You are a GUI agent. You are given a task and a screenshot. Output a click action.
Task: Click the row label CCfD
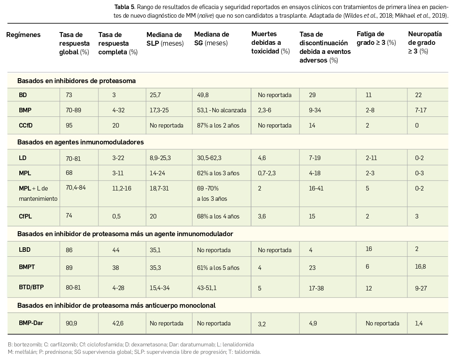click(x=26, y=125)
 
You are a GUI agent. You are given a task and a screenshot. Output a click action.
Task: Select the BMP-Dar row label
click(x=31, y=323)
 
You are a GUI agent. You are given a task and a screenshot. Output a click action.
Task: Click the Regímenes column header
click(x=23, y=35)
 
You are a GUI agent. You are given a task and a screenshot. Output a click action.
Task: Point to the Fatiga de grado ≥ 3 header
click(x=376, y=38)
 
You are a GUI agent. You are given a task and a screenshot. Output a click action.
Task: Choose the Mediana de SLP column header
click(x=165, y=39)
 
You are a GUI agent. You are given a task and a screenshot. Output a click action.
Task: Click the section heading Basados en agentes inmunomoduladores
click(x=80, y=142)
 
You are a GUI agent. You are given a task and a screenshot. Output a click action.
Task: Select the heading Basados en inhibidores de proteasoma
click(x=76, y=81)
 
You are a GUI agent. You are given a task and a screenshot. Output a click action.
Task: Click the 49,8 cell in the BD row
click(x=203, y=95)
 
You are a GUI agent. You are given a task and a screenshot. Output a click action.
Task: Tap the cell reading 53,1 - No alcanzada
click(x=221, y=110)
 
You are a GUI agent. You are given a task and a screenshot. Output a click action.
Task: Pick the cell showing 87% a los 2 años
click(x=218, y=125)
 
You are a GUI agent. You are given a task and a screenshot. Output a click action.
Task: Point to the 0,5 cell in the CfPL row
click(x=116, y=216)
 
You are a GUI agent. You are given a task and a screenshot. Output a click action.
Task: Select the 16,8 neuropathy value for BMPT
click(x=420, y=267)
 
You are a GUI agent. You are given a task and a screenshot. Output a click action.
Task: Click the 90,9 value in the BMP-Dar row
click(x=71, y=323)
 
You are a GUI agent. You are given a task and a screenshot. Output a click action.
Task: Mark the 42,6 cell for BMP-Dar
click(x=118, y=323)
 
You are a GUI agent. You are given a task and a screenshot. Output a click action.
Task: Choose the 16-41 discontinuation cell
click(x=316, y=188)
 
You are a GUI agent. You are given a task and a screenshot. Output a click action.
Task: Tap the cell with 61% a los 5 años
click(x=218, y=268)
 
